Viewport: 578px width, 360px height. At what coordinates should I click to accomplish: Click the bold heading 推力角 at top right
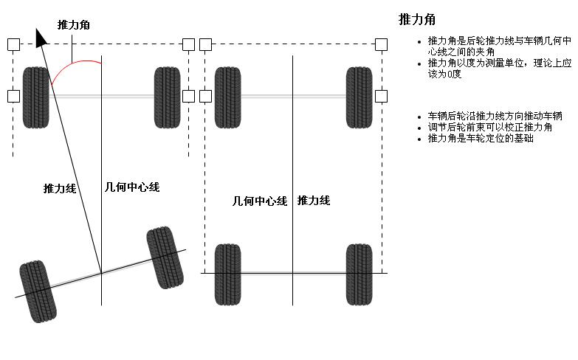(x=416, y=19)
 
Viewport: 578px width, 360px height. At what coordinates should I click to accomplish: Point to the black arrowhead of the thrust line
(x=41, y=37)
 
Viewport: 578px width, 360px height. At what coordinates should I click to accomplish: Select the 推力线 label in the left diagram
(x=60, y=189)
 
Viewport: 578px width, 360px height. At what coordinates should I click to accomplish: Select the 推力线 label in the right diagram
(x=313, y=201)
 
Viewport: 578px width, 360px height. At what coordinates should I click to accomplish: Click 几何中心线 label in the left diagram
(x=133, y=187)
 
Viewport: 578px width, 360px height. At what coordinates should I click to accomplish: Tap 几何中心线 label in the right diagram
(x=259, y=201)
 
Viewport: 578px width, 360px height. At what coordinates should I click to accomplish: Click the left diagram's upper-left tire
(x=35, y=97)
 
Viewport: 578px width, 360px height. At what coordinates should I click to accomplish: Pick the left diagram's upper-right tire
(x=167, y=97)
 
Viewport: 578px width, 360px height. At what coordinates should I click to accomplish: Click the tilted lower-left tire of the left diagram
(x=38, y=291)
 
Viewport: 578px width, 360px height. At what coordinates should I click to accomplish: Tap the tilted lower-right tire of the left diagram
(x=165, y=257)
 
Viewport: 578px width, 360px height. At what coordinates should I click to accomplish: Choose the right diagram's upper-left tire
(x=227, y=97)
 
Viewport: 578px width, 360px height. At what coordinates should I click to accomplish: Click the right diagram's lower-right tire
(x=359, y=274)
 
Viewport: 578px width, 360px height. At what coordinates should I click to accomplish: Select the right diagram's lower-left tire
(x=227, y=274)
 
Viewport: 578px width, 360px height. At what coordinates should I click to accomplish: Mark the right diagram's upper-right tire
(x=359, y=97)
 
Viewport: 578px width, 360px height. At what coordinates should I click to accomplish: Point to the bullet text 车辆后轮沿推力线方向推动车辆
(x=495, y=117)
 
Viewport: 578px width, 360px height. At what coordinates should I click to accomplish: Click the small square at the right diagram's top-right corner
(x=381, y=44)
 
